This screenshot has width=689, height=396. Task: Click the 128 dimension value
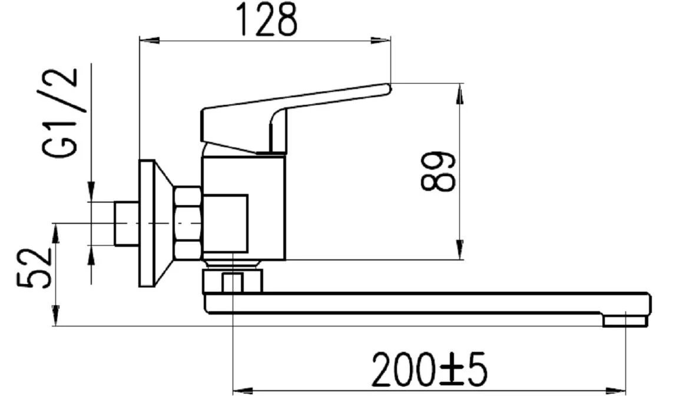(266, 20)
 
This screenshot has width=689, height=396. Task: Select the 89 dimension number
(439, 171)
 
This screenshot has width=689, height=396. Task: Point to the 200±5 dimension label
(430, 369)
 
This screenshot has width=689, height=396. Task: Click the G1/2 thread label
(60, 112)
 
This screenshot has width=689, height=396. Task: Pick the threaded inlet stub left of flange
(126, 223)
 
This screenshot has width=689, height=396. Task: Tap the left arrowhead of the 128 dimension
(147, 40)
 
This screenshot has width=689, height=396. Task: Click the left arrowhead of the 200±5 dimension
(241, 390)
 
